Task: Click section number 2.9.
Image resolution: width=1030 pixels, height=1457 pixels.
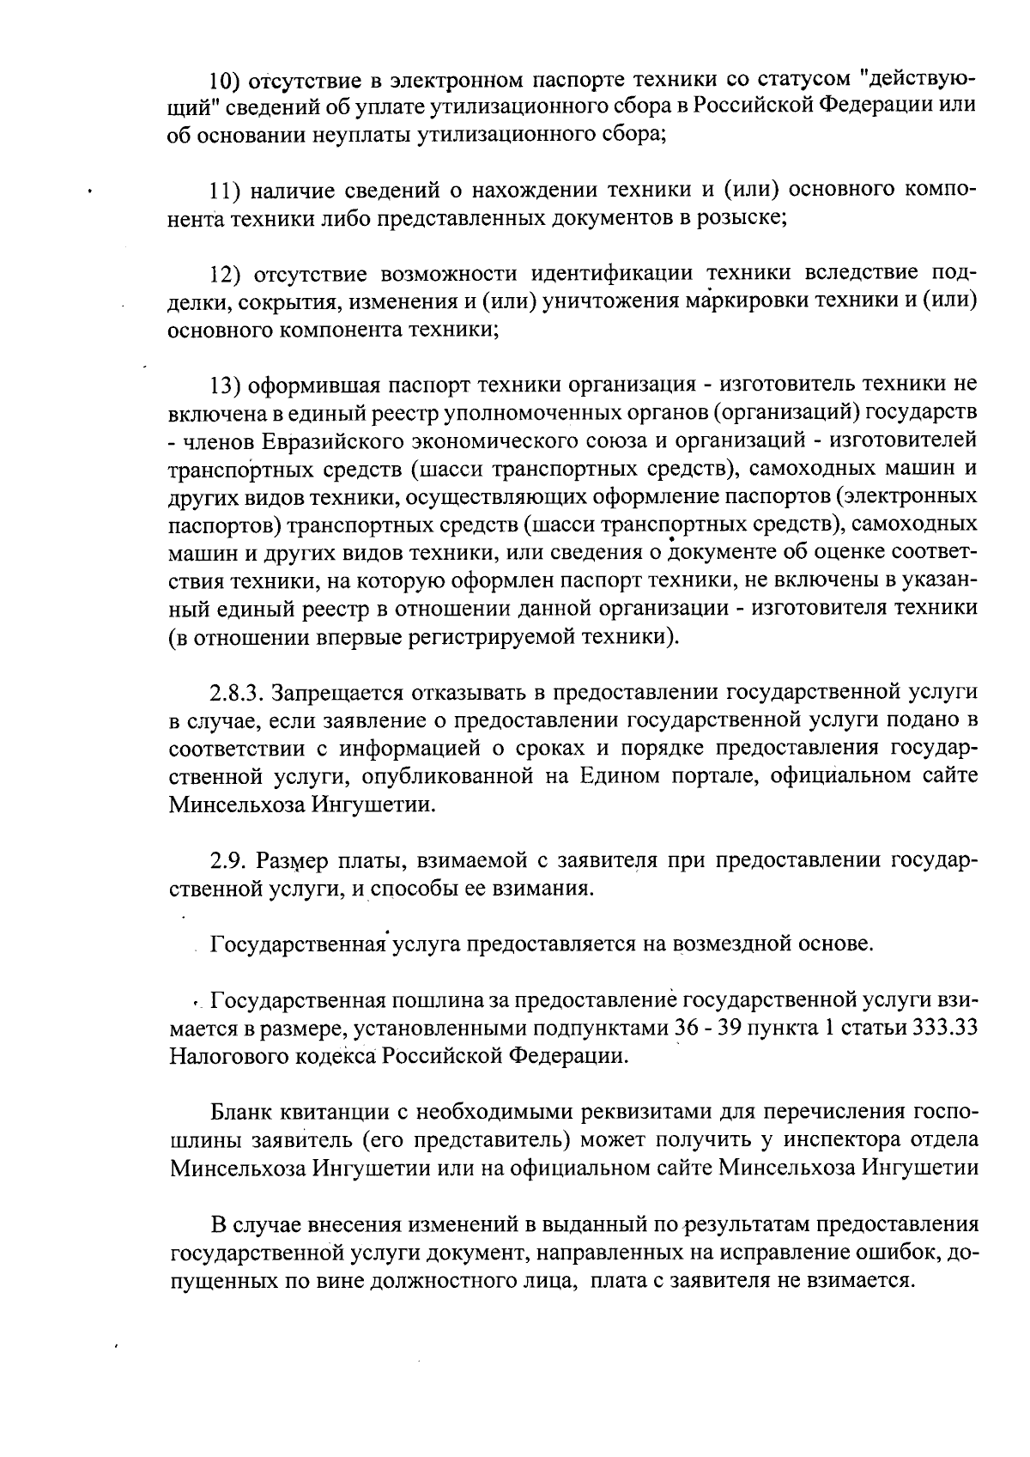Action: click(x=227, y=861)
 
